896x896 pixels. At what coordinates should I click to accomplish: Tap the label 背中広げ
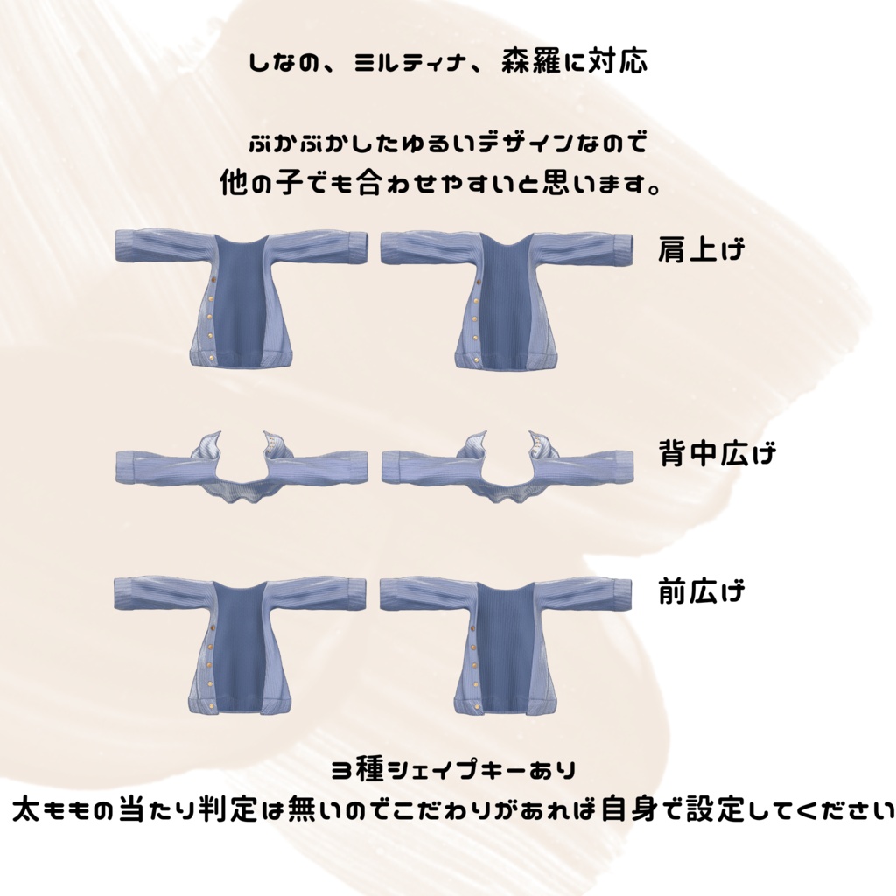point(717,453)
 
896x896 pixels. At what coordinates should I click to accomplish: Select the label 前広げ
point(702,591)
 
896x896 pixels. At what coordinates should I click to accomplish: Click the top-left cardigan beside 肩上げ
point(241,297)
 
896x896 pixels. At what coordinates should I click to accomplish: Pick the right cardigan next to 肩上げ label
point(507,298)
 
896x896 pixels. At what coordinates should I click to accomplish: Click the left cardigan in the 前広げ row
point(240,645)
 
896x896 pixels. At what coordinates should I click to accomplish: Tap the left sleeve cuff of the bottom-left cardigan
point(123,594)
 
